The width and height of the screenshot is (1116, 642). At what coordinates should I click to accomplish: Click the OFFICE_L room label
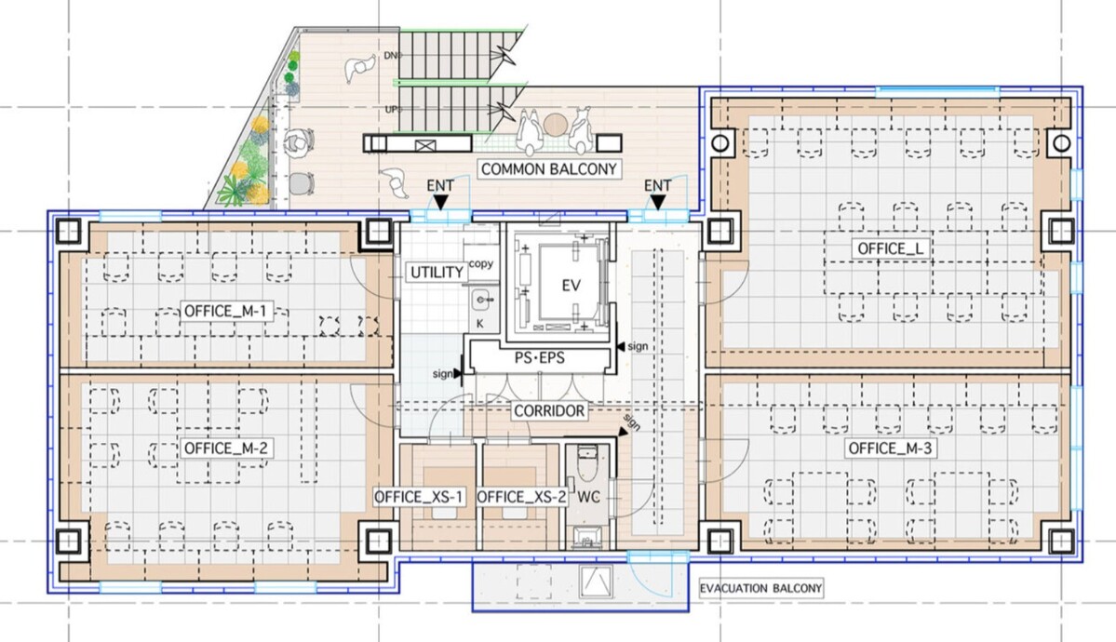(x=891, y=248)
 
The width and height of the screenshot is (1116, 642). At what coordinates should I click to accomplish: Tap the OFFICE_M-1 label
(x=225, y=311)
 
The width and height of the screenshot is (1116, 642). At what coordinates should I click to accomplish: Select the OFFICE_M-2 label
(x=225, y=448)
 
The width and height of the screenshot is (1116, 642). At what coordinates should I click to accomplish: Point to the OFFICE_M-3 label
(x=891, y=448)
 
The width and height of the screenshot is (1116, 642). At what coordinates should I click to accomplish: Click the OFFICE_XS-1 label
(x=419, y=497)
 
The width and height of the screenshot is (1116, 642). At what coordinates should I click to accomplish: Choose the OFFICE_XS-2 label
(x=522, y=497)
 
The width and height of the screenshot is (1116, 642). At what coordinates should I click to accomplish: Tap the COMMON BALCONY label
(x=548, y=169)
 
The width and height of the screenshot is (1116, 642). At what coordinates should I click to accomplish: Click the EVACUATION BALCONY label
(x=760, y=589)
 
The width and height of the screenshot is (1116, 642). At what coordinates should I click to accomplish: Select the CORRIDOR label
(x=549, y=410)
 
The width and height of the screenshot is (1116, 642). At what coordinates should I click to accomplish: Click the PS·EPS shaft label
(x=540, y=358)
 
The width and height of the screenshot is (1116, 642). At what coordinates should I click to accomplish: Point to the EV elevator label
(x=571, y=287)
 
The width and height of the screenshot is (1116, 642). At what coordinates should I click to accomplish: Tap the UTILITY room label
(x=437, y=273)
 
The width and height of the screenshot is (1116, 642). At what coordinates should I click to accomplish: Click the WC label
(x=588, y=497)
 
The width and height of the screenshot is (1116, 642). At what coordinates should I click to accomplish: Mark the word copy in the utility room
(x=480, y=264)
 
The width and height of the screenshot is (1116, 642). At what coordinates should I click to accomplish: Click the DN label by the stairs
(x=392, y=56)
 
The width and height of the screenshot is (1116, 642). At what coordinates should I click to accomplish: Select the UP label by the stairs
(x=392, y=111)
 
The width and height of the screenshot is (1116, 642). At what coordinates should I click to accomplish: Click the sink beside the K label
(x=483, y=301)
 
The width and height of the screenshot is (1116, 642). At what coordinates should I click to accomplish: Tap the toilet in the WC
(x=587, y=461)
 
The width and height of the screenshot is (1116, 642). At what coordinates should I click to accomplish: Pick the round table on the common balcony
(x=555, y=126)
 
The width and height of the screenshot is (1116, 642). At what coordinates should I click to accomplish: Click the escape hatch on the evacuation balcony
(x=596, y=582)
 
